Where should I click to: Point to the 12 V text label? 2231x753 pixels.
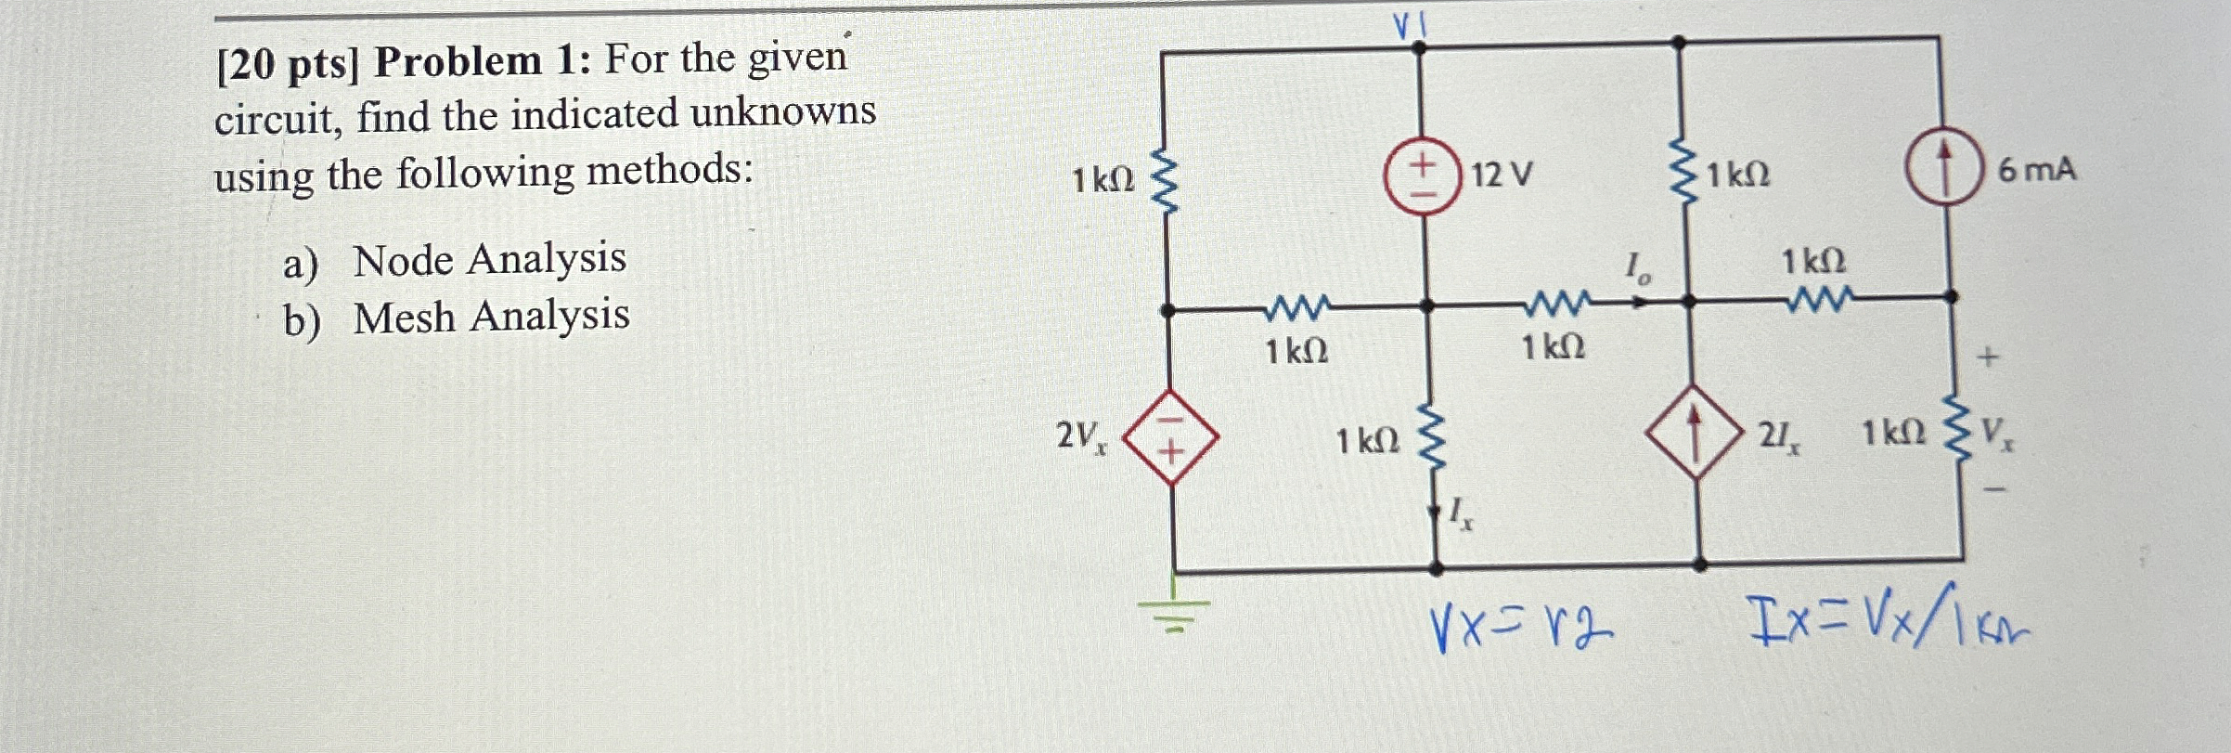1502,174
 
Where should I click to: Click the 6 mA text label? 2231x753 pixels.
2036,171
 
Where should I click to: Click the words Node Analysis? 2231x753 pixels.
489,258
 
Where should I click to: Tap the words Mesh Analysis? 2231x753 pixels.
491,316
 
